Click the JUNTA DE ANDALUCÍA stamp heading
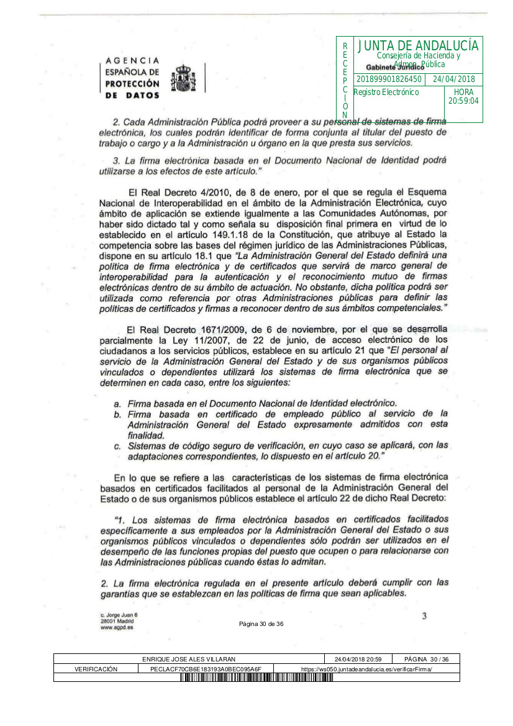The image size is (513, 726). (418, 46)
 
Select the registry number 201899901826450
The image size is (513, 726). (389, 79)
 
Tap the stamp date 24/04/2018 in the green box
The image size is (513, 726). (453, 79)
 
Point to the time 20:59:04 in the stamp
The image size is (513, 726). (463, 101)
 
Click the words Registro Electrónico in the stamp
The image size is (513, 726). (386, 93)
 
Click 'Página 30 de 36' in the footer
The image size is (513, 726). (261, 624)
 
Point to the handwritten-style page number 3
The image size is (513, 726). (424, 616)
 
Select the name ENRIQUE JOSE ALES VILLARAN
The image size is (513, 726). (189, 659)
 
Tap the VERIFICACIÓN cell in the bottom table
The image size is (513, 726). (96, 669)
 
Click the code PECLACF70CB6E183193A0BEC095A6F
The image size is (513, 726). (206, 669)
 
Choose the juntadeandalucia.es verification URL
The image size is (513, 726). (366, 669)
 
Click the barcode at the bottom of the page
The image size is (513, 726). (256, 678)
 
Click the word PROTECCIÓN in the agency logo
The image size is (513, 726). (132, 84)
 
